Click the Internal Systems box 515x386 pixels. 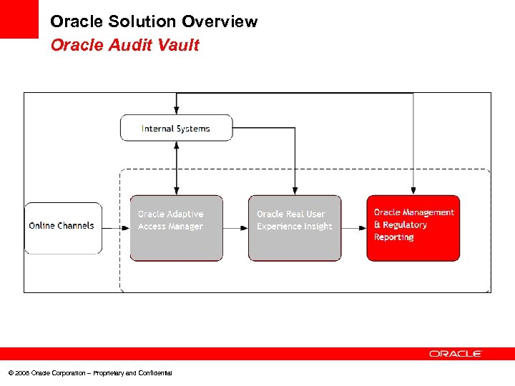point(176,128)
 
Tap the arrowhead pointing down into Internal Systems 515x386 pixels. point(177,110)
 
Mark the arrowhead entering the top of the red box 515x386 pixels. point(413,190)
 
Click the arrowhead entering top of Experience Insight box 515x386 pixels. point(295,190)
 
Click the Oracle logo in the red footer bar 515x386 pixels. point(456,354)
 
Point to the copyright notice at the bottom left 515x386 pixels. point(90,373)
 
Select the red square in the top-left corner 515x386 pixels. point(19,19)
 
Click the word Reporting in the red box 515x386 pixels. point(393,237)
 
